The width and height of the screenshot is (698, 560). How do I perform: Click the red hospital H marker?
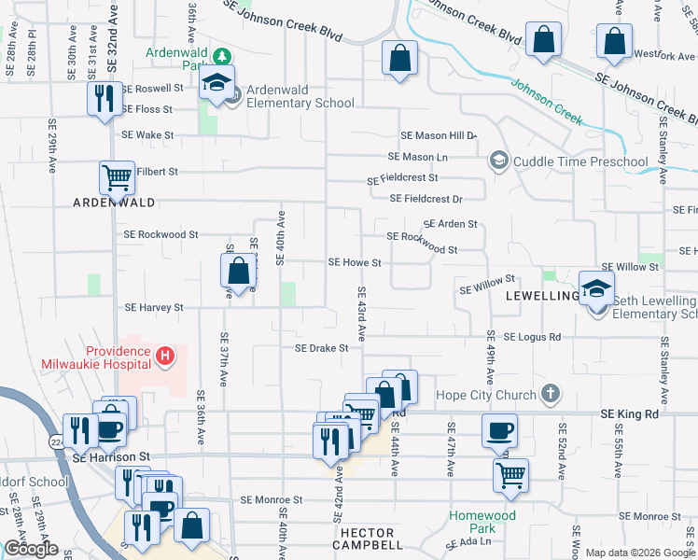[164, 356]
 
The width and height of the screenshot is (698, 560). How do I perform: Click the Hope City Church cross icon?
[551, 395]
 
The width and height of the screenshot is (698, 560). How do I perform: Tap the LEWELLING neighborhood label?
[543, 295]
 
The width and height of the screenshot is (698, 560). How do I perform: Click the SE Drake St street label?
[322, 348]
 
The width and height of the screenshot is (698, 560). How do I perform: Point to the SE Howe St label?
[355, 263]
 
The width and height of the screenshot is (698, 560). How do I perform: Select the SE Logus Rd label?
[532, 336]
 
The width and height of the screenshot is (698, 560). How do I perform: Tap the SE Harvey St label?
[153, 307]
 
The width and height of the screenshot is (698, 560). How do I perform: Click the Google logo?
[31, 548]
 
